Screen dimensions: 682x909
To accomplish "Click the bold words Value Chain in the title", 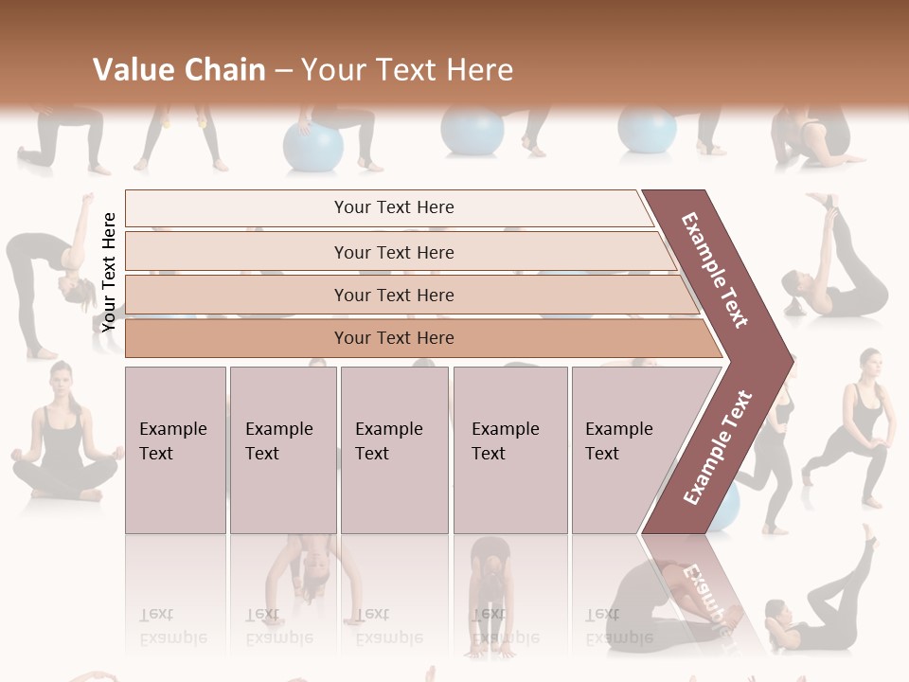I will click(179, 70).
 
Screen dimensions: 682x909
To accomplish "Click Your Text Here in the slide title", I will click(407, 70).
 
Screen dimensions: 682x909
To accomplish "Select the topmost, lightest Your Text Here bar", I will click(393, 207).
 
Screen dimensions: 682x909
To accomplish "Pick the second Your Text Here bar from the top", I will click(393, 252).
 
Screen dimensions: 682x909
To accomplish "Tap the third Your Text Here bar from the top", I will click(393, 295).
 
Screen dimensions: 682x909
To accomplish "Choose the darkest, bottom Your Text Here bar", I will click(393, 338).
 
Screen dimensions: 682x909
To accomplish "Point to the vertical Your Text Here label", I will click(109, 272).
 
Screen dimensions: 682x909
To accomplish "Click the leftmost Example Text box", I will click(175, 450).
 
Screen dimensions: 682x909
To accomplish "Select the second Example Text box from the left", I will click(282, 450).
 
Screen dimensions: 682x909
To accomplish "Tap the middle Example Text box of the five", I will click(394, 450).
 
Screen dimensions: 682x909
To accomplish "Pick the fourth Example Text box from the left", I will click(509, 450).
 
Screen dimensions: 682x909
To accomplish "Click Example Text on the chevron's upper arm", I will click(715, 270).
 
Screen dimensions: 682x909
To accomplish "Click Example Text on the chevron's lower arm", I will click(718, 447).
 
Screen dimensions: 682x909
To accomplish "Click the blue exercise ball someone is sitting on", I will click(312, 148).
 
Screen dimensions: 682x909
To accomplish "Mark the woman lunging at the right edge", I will click(852, 426).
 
